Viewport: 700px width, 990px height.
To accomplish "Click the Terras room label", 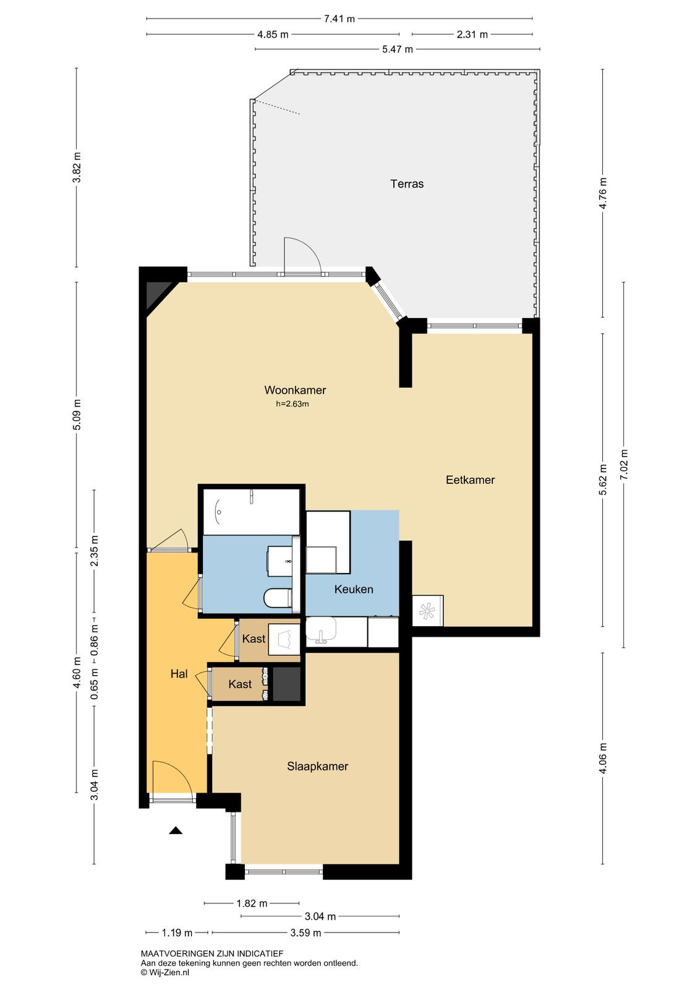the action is point(407,184).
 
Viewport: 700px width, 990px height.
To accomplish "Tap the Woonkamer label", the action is point(295,390).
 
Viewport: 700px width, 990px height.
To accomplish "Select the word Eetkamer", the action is point(470,480).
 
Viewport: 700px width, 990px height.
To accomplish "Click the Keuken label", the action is point(353,589).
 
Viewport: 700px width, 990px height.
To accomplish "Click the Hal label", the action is point(179,674).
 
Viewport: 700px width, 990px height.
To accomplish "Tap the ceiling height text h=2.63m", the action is point(292,403).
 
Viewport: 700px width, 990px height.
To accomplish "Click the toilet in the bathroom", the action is point(278,598).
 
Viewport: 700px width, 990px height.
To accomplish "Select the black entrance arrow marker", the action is point(176,830).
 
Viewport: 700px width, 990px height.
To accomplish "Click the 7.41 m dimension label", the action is point(339,19).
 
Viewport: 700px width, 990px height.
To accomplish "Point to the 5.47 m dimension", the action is point(397,49).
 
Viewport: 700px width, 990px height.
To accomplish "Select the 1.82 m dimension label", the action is point(252,903).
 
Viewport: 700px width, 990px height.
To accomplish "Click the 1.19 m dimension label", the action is point(177,933).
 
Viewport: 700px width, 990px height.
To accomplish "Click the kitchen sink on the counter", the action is point(321,630).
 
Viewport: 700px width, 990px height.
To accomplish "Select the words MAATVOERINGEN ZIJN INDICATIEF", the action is point(212,953).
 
